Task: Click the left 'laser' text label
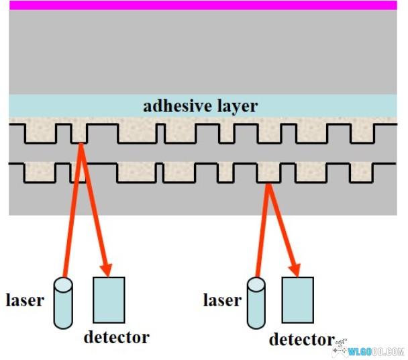[25, 300]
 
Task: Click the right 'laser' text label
[221, 300]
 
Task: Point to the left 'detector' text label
[116, 336]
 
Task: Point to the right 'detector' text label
[301, 339]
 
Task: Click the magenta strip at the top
[203, 5]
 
